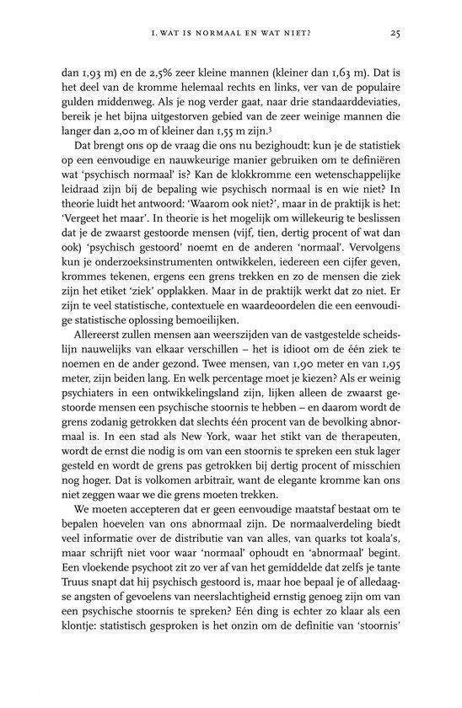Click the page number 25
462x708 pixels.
click(395, 34)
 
